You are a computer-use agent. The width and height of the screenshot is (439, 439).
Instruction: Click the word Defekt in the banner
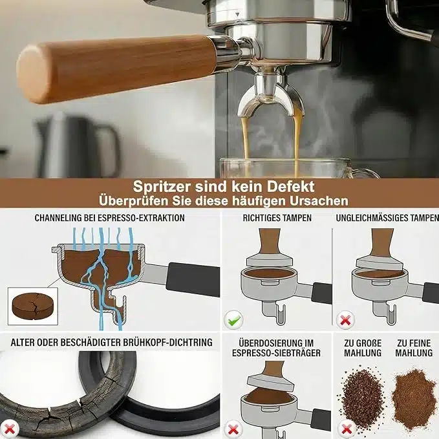click(290, 187)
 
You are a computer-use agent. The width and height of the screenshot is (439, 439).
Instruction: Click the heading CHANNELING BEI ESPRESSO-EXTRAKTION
click(109, 218)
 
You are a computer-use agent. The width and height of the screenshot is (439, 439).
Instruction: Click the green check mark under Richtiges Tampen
click(234, 320)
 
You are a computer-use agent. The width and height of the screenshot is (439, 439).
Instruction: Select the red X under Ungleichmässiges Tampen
click(345, 320)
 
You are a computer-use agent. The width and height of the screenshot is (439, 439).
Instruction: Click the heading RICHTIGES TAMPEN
click(277, 218)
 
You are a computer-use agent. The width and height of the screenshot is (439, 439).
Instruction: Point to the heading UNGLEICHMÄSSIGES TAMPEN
click(387, 218)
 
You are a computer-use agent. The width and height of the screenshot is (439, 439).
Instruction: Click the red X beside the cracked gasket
click(10, 429)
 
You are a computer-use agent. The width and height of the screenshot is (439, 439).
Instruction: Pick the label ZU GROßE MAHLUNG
click(363, 348)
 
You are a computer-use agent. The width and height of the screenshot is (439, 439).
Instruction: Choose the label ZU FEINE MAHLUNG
click(414, 348)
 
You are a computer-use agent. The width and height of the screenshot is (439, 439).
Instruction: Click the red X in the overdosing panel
click(233, 429)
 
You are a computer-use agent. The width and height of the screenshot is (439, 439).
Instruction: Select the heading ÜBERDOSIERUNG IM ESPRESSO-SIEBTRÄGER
click(276, 348)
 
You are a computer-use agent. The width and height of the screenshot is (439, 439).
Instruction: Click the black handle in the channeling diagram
click(193, 279)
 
